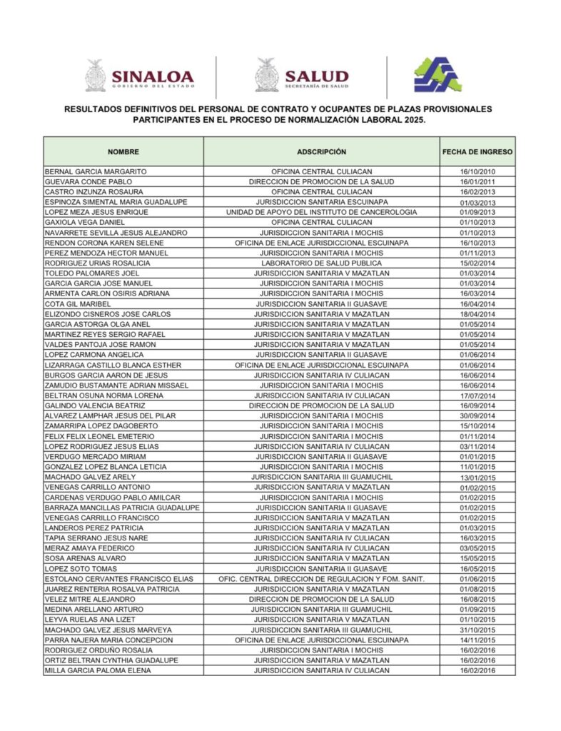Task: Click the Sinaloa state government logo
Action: tap(140, 76)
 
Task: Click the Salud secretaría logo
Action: tap(303, 76)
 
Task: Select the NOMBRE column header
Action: tap(123, 152)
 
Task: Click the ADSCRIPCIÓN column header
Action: tap(321, 152)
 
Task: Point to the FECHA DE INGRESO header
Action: tap(477, 152)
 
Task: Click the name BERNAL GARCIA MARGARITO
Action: tap(96, 172)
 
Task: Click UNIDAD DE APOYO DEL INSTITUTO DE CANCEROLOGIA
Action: tap(321, 213)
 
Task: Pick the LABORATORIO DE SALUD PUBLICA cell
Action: tap(321, 263)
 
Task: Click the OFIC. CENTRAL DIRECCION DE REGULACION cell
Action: tap(321, 579)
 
